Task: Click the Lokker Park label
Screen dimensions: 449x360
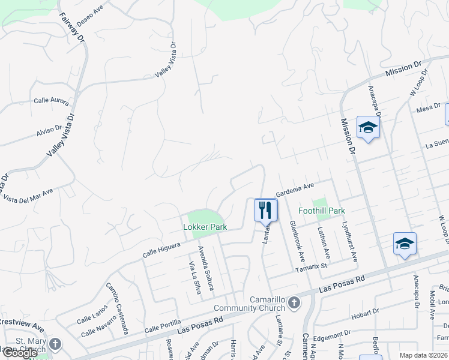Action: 205,227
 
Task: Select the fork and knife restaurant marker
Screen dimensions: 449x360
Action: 265,210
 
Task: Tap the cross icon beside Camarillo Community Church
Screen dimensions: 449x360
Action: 294,302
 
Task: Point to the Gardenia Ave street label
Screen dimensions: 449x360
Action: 295,190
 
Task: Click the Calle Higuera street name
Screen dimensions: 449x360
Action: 161,246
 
